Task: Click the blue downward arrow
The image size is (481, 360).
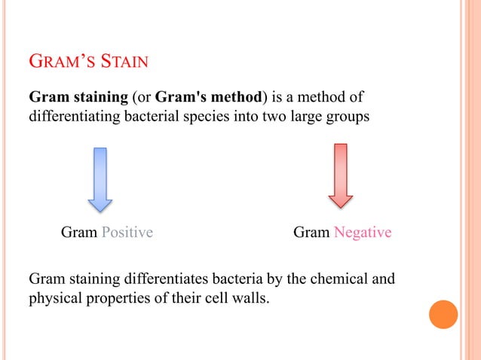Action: (100, 178)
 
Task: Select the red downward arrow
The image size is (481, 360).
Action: (341, 175)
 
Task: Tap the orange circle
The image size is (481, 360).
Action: (443, 314)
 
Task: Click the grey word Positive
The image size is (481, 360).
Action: (127, 233)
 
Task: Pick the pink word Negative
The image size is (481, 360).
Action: (363, 233)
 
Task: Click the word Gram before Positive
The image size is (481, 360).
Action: (79, 233)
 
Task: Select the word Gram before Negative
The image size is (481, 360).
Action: (311, 233)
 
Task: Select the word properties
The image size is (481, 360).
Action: (115, 299)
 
